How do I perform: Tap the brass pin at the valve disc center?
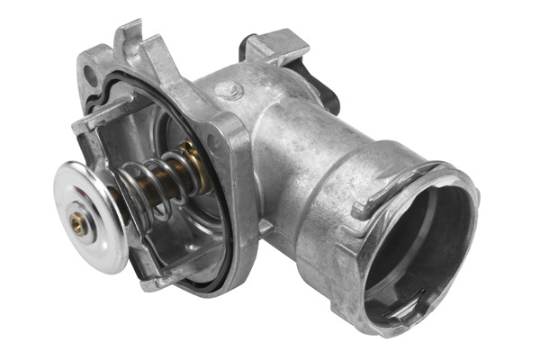click(80, 226)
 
